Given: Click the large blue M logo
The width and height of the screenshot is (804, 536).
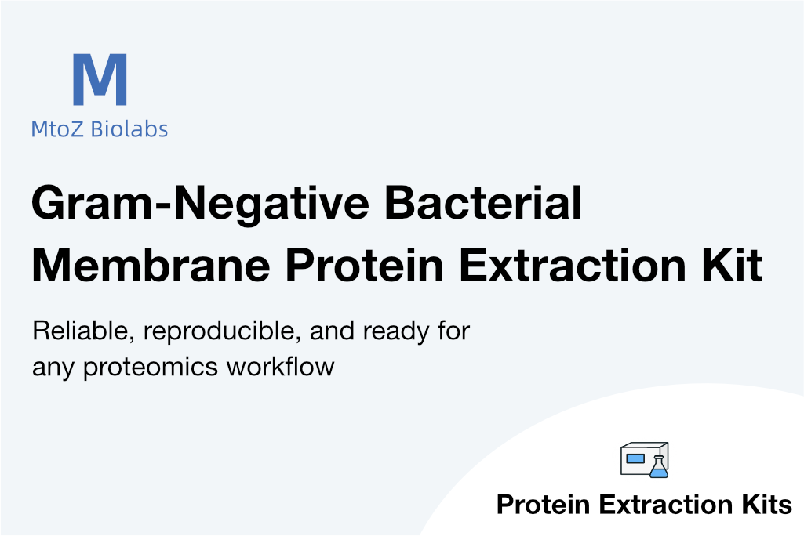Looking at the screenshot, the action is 100,79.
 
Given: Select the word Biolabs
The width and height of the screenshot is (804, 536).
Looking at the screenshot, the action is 129,129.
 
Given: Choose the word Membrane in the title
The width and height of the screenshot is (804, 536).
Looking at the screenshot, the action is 151,265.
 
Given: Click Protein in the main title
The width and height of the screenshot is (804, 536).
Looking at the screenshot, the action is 365,265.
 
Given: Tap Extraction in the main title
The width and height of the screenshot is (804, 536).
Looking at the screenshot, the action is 573,265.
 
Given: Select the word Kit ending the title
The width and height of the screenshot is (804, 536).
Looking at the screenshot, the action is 732,265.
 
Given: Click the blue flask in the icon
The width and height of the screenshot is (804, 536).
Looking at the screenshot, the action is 659,467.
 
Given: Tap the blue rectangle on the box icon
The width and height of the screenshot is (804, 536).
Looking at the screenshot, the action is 635,458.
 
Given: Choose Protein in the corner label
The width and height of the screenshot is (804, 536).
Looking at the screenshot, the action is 544,504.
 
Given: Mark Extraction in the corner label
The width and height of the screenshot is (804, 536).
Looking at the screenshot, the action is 666,504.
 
